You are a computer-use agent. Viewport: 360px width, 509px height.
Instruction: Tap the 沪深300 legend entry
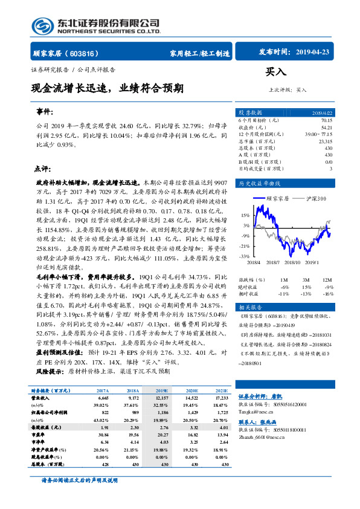313,198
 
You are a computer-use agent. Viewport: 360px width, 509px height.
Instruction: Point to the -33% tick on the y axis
244,256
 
